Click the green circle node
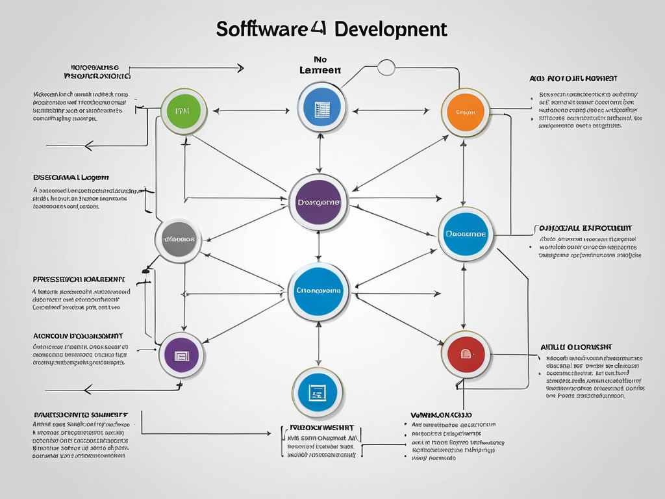pos(184,112)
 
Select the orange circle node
pos(465,112)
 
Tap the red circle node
pos(466,354)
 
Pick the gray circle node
pos(179,240)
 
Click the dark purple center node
pos(318,202)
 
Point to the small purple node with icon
pos(182,355)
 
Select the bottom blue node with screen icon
pos(318,392)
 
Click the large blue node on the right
pos(465,233)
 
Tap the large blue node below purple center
pos(318,292)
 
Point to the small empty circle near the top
pos(386,66)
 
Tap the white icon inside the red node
pos(466,354)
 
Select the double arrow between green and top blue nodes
pos(251,111)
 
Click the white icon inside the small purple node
pos(181,355)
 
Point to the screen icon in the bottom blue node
pos(318,392)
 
